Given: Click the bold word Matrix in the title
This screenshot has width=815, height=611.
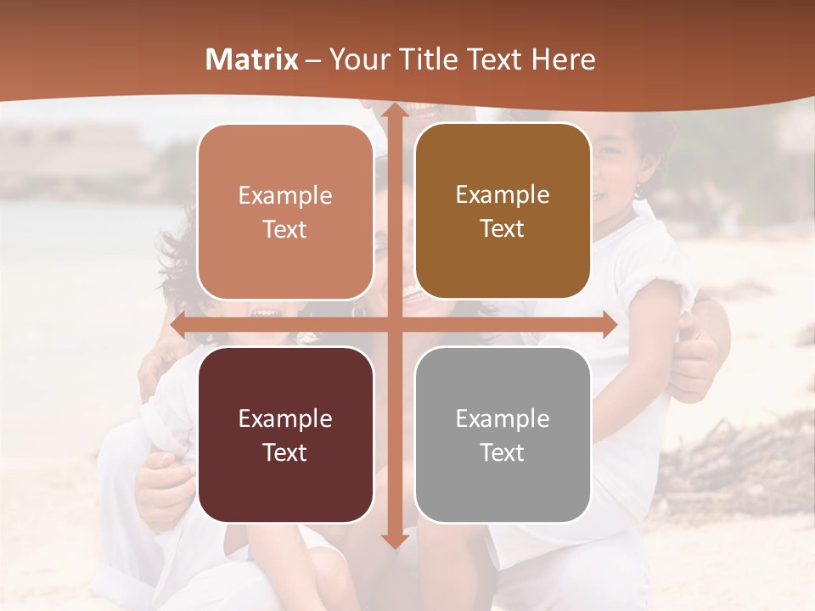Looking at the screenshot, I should coord(252,59).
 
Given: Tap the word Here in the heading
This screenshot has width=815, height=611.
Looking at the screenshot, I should coord(563,59).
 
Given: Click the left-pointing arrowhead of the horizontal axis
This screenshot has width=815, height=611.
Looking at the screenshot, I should coord(179,325).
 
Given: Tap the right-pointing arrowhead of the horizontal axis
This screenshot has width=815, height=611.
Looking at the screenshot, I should coord(608,325).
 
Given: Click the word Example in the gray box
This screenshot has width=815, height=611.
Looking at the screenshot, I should coord(503,418).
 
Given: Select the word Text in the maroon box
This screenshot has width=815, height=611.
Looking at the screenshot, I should coord(285,452).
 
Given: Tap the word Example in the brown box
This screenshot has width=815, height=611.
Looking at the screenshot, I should coord(503,195).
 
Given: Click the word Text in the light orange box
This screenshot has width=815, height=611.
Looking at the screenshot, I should coord(285,229).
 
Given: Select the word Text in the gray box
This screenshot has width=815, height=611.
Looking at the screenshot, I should coord(503,452).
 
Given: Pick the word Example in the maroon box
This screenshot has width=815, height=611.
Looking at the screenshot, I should coord(285,418).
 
